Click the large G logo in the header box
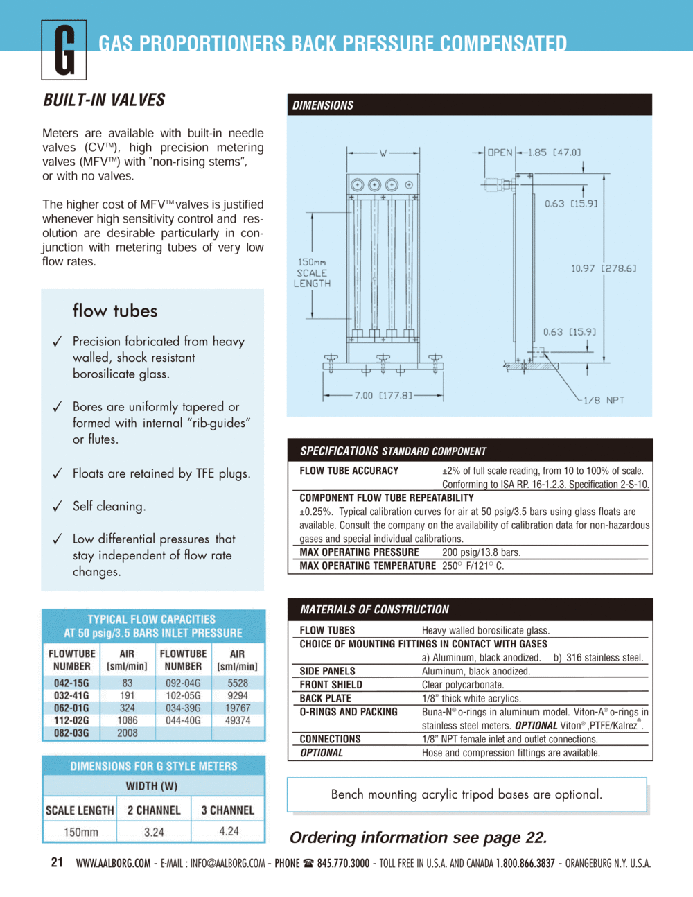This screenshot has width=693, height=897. [64, 50]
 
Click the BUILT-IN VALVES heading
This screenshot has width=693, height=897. [104, 100]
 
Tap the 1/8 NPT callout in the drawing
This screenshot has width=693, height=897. [604, 400]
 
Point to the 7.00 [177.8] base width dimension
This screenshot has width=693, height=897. [383, 395]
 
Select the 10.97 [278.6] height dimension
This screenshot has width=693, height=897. [604, 268]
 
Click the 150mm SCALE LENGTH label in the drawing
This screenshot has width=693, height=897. [312, 272]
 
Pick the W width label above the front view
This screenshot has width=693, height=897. [383, 153]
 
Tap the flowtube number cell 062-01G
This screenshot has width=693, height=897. [71, 708]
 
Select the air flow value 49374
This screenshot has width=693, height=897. [238, 720]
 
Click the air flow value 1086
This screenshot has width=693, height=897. [127, 720]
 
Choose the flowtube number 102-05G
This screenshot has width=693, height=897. [183, 695]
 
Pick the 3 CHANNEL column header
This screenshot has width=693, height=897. [228, 810]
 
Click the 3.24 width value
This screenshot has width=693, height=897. [154, 833]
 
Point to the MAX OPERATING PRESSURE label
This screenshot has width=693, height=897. [359, 552]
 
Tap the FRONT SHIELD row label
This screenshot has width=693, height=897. [331, 685]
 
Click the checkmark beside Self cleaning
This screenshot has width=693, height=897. [58, 506]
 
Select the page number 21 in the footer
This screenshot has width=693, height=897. [57, 862]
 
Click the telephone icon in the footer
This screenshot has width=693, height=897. [308, 863]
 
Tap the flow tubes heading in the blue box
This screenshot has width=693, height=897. [115, 311]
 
